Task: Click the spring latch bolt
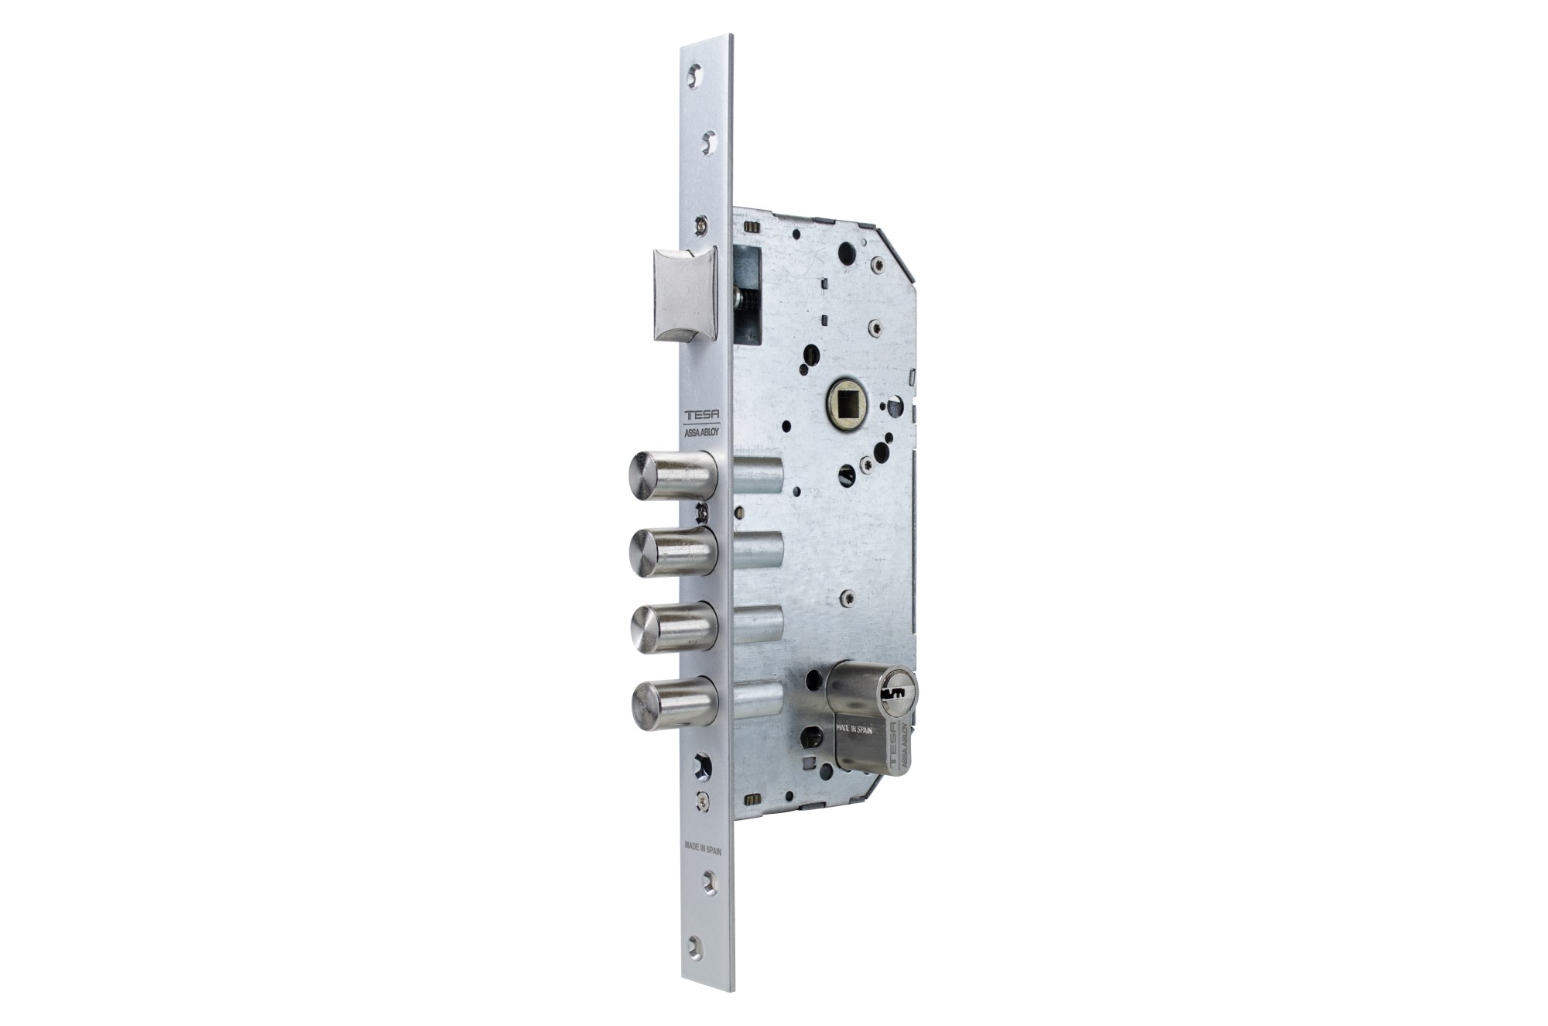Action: point(686,294)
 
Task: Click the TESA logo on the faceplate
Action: point(701,417)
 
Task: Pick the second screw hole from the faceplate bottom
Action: point(708,882)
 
